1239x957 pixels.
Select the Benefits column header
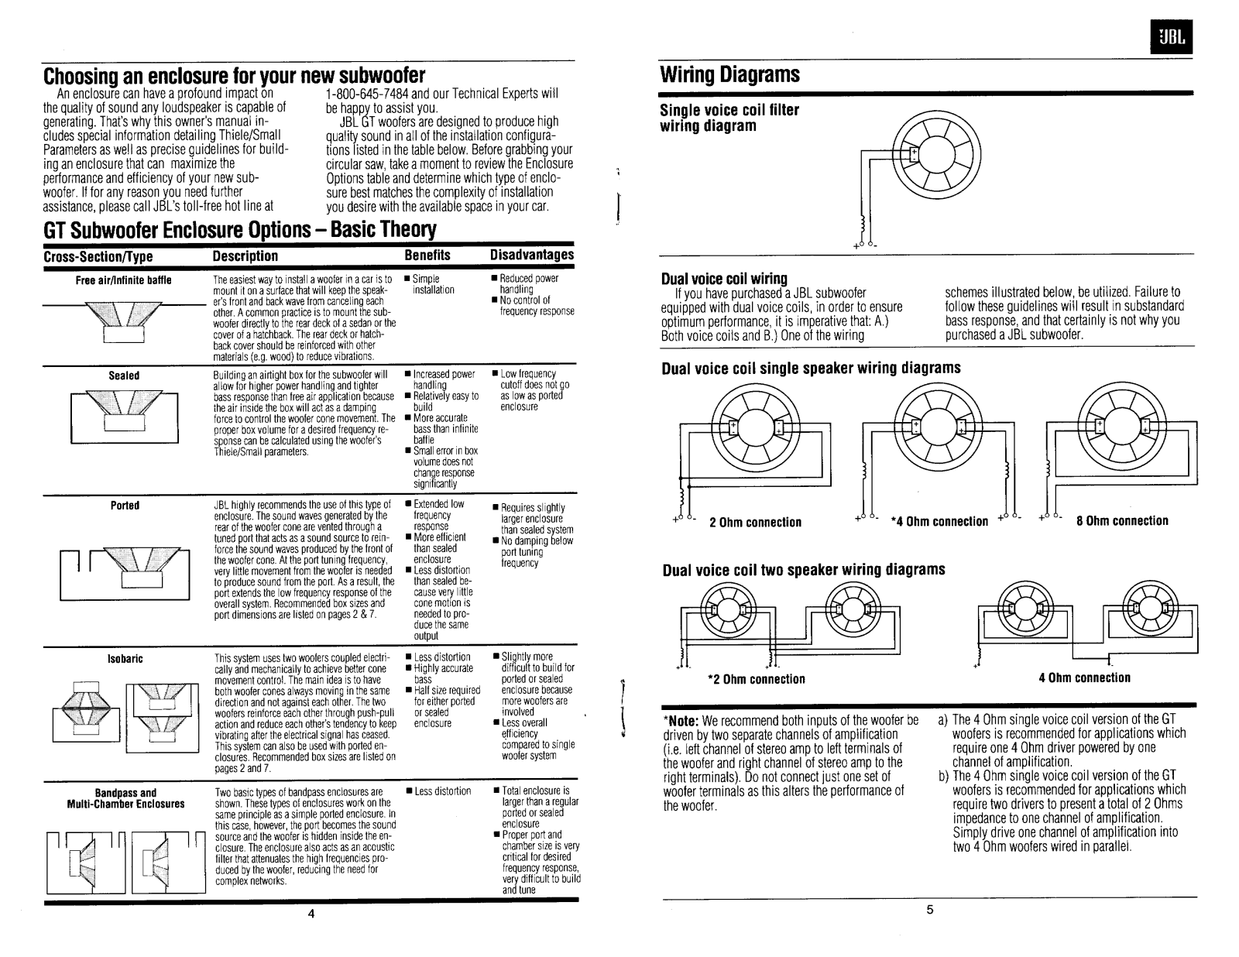(427, 256)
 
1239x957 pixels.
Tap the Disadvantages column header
(532, 255)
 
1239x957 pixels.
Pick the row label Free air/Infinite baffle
(123, 280)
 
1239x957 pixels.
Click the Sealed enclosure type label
(124, 376)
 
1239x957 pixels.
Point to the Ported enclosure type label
(125, 506)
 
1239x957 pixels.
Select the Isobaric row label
(125, 659)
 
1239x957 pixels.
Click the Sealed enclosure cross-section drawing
(124, 414)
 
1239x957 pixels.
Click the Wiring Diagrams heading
(729, 75)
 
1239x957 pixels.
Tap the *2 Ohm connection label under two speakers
(757, 679)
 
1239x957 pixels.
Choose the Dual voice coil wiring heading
(723, 278)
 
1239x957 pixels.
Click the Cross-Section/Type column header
(98, 256)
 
